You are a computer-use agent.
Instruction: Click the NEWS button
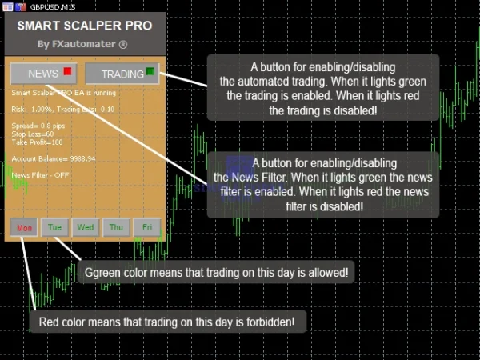[43, 74]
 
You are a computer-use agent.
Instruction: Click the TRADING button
[122, 74]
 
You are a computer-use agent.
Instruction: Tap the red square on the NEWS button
[67, 73]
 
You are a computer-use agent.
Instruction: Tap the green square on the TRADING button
[150, 73]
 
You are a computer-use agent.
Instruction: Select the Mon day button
[25, 227]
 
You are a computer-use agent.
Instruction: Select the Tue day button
[55, 227]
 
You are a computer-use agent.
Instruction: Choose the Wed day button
[86, 227]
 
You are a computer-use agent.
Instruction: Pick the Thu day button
[116, 227]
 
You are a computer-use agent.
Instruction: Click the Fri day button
[147, 227]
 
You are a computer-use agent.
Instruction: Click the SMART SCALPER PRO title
[84, 26]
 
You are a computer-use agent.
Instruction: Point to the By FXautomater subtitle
[82, 44]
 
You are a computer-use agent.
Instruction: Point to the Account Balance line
[54, 158]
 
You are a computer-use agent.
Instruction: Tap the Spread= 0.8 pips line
[39, 126]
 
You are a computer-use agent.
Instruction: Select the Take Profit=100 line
[38, 142]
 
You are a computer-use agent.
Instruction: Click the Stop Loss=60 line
[33, 134]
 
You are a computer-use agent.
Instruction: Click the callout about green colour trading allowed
[217, 273]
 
